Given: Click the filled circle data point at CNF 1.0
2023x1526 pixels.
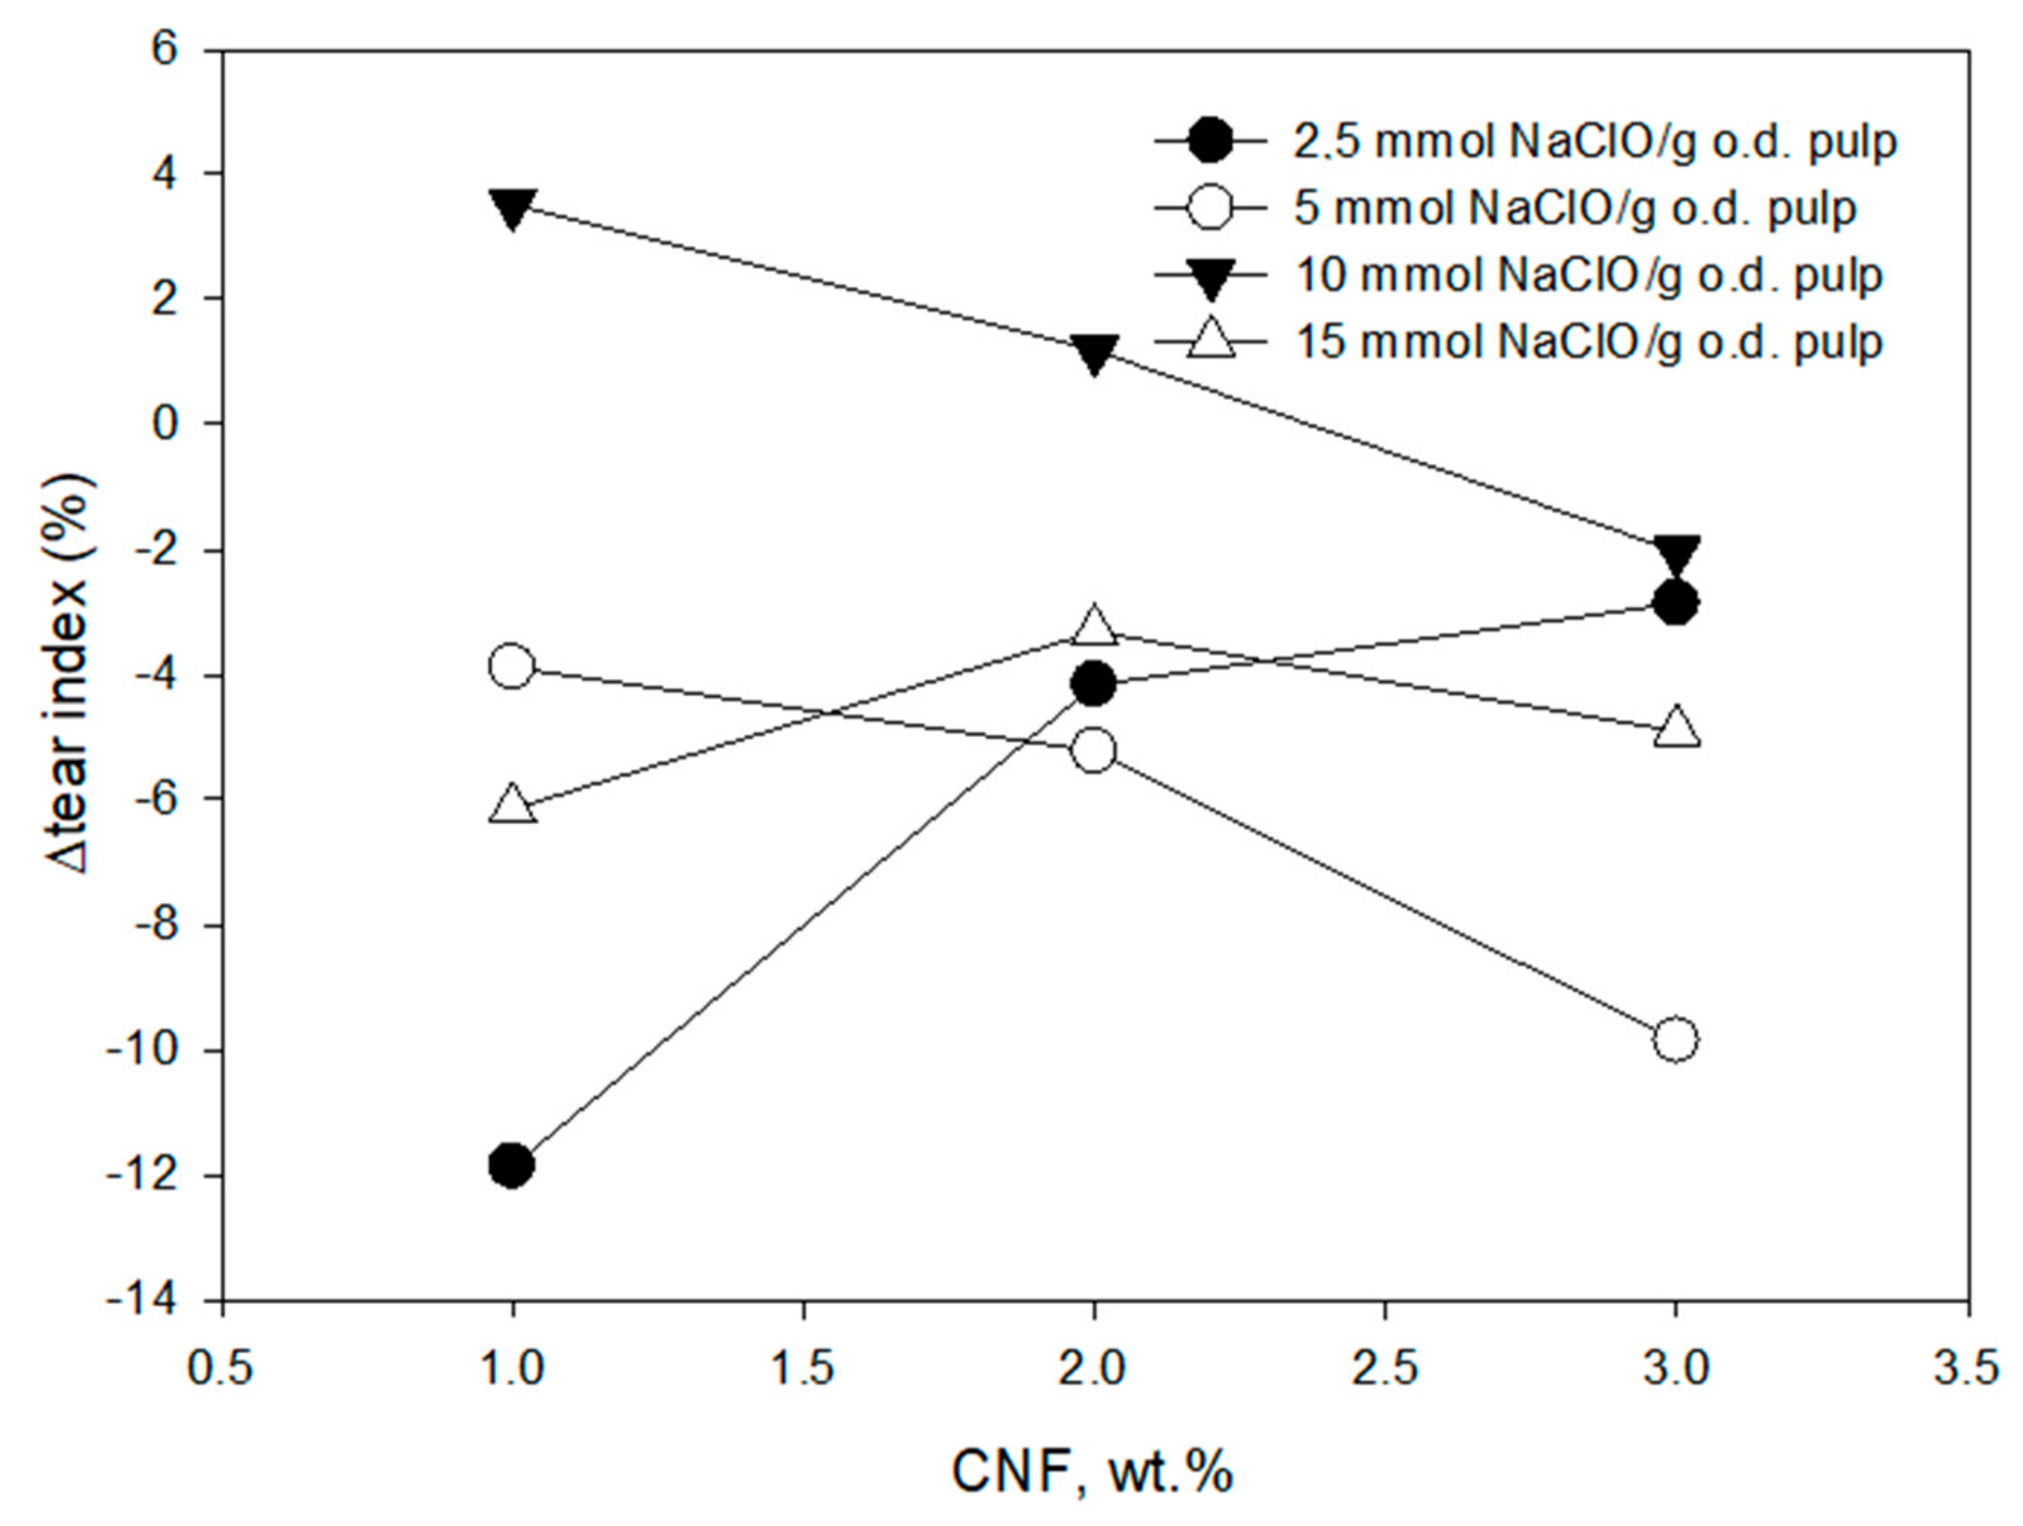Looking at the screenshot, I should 512,1165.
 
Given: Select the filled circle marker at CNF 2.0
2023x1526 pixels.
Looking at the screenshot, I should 1094,684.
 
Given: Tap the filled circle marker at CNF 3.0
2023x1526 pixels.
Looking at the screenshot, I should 1675,603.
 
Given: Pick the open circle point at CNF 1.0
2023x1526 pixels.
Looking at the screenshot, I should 512,666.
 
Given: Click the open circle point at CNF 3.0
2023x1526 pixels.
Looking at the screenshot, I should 1675,1040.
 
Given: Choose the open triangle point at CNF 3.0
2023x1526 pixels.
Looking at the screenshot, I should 1675,727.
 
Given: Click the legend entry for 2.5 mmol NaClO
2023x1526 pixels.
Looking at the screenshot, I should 1595,141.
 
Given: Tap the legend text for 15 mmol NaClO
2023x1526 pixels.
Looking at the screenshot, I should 1589,343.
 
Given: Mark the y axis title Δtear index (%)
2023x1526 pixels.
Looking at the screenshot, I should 71,675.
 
